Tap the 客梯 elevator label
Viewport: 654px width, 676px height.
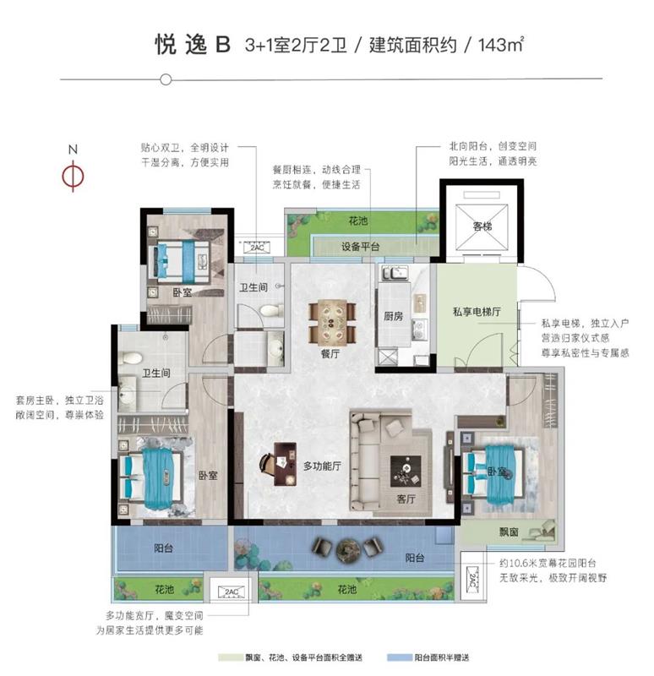coord(482,226)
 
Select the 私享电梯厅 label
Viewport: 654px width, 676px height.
coord(477,311)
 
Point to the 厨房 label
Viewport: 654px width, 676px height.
coord(393,316)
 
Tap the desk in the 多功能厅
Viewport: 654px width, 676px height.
coord(285,464)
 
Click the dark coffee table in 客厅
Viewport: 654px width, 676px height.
coord(406,472)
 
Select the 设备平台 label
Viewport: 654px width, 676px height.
coord(361,247)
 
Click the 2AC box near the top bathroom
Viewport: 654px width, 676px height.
coord(257,248)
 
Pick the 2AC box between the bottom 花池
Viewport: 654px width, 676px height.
coord(231,592)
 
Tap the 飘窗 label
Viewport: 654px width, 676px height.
coord(509,532)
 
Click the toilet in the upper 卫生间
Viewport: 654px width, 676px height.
coord(271,310)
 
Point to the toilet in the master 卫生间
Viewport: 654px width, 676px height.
coord(130,357)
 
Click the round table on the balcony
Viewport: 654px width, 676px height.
coord(348,551)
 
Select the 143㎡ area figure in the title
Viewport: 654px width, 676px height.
coord(500,44)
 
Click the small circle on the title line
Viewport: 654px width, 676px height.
coord(166,79)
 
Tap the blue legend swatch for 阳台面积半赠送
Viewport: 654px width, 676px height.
coord(399,657)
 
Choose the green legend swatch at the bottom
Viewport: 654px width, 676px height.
coord(231,657)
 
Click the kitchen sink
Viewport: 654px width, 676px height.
coord(395,273)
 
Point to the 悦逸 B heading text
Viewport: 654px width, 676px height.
coord(193,45)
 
